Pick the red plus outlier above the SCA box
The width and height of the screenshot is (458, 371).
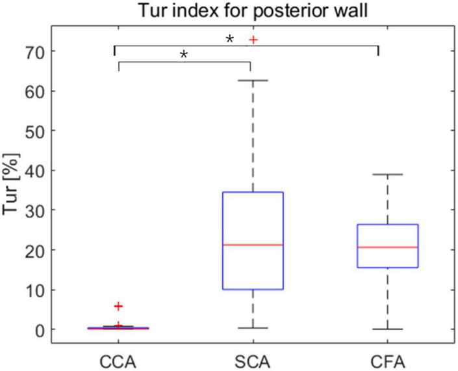tap(253, 40)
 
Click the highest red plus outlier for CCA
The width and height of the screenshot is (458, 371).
tap(118, 306)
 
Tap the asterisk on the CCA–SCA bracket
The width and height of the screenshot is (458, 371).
tap(184, 55)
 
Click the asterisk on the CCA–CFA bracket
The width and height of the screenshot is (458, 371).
tap(229, 40)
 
